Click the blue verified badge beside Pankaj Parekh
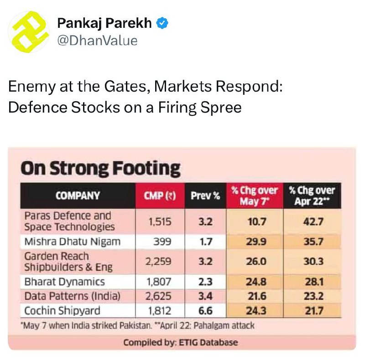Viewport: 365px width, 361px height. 162,23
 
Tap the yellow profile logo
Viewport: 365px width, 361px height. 29,32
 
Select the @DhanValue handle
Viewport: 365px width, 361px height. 97,41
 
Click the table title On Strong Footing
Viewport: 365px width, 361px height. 100,168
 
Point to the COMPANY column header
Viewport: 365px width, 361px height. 78,196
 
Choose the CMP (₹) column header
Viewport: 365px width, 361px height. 160,196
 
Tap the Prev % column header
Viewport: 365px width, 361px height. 205,196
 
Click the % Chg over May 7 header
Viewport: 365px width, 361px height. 255,196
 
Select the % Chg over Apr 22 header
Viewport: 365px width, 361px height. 312,196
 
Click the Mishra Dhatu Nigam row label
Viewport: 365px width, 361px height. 73,242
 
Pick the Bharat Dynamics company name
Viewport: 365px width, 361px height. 64,282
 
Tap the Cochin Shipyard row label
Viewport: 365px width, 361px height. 62,311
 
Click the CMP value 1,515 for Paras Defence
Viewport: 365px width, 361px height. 160,222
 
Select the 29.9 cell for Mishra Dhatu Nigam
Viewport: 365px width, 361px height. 256,242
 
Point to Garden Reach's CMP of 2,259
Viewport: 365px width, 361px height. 158,262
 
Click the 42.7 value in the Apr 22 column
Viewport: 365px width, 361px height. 313,222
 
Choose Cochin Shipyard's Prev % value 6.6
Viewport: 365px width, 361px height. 205,311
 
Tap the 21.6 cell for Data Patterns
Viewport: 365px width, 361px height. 256,296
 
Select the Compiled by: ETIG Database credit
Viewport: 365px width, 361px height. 180,343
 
